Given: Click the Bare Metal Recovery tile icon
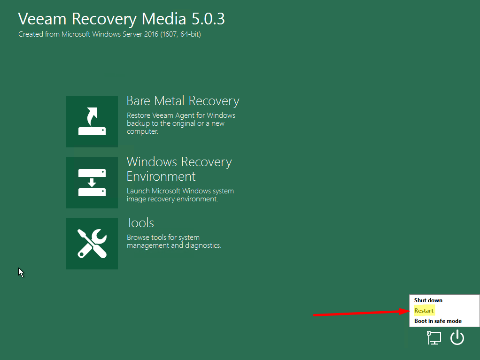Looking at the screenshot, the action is click(x=92, y=122).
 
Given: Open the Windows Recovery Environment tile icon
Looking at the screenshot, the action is click(x=92, y=183).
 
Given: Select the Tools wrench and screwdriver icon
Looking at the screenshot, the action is click(x=92, y=244).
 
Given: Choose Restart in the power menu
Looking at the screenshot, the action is click(x=424, y=311).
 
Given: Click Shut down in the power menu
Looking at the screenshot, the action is click(x=428, y=300).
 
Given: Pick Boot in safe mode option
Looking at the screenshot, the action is click(x=438, y=321).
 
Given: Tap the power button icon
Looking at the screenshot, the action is click(x=457, y=337).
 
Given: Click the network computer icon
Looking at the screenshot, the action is click(x=434, y=337).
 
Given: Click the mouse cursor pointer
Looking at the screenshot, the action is click(x=20, y=272).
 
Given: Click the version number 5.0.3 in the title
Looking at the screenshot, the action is click(x=208, y=19).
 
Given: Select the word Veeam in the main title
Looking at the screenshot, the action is click(x=42, y=19).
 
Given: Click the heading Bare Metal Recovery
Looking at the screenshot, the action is click(x=183, y=101).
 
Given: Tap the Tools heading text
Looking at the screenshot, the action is click(x=140, y=222).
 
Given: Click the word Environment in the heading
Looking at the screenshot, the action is click(x=161, y=176).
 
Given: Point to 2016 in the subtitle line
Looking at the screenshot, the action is click(x=151, y=34).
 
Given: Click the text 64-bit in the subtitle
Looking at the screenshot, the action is click(x=190, y=34).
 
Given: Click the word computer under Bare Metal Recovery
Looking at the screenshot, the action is click(x=142, y=131).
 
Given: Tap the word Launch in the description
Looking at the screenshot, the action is click(x=138, y=191).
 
